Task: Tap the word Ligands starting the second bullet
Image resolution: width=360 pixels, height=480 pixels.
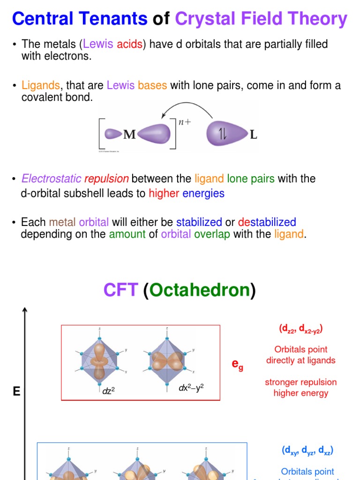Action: coord(41,86)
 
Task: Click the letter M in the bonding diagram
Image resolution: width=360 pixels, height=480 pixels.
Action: coord(129,135)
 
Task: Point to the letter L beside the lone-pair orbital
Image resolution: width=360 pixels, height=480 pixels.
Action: coord(254,135)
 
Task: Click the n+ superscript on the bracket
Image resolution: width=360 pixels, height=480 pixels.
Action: coord(184,122)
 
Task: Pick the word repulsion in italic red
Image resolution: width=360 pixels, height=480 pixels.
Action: coord(106,179)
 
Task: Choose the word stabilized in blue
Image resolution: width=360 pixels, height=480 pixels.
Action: coord(199,222)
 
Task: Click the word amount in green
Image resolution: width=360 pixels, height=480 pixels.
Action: coord(127,234)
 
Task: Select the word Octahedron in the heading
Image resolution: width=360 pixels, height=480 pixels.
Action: coord(200,290)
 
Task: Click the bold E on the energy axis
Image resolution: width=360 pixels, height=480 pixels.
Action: coord(17,391)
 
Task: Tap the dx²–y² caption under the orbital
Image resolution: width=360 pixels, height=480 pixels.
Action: coord(191,388)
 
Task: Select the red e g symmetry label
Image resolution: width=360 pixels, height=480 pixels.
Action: coord(238,366)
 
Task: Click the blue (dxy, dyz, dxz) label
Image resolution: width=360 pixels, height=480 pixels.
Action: coord(307,450)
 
